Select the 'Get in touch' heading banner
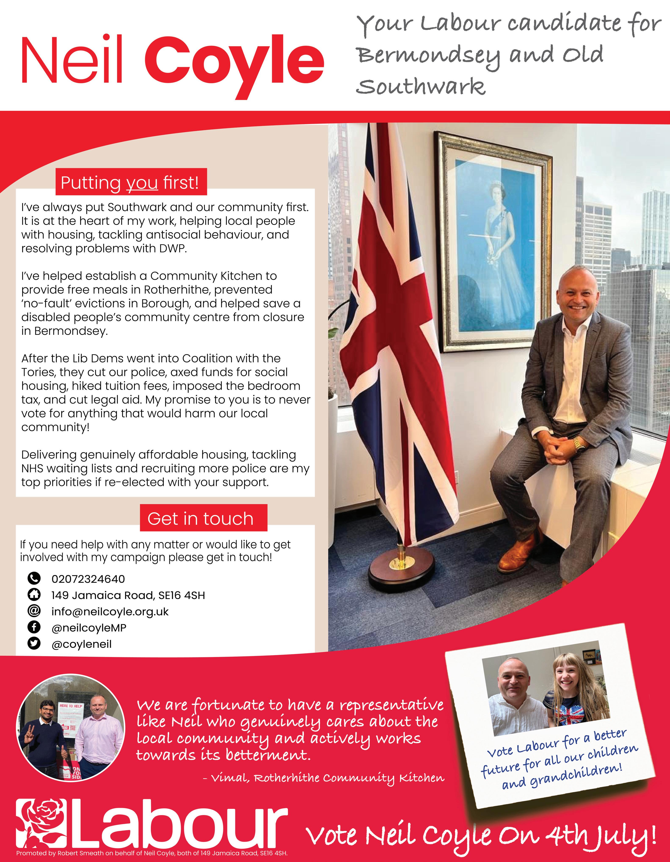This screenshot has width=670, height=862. click(x=203, y=518)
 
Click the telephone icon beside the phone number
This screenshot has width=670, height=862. click(x=34, y=579)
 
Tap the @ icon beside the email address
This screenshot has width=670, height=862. click(x=34, y=611)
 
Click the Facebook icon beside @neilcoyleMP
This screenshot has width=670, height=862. click(x=34, y=627)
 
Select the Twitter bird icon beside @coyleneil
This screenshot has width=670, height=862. click(x=34, y=643)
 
